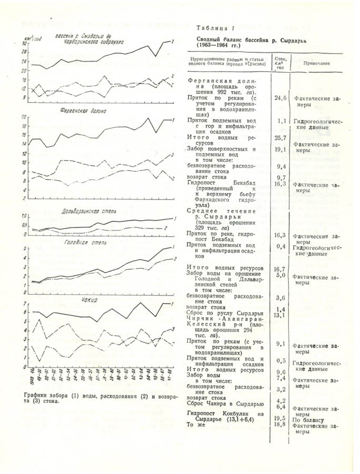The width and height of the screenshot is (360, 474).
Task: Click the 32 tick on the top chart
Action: pyautogui.click(x=24, y=44)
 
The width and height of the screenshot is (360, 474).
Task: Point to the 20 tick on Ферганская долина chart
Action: pyautogui.click(x=24, y=116)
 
